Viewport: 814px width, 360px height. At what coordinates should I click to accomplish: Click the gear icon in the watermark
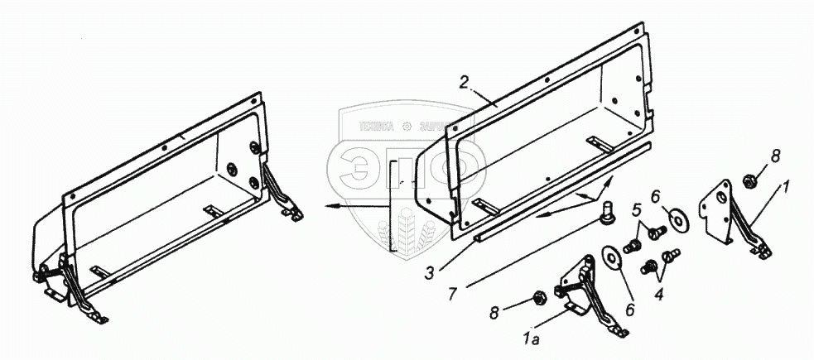point(406,127)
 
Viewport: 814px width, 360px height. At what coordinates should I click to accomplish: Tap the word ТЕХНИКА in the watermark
point(377,127)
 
